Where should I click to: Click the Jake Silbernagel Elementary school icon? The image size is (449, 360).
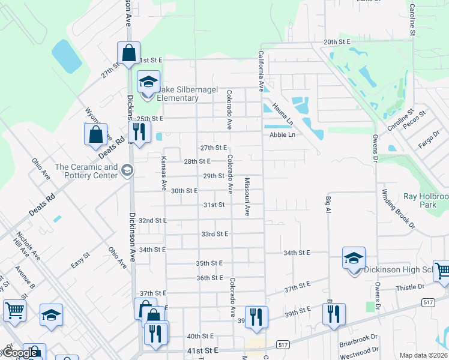point(148,82)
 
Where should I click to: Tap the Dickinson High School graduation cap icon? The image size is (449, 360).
point(354,258)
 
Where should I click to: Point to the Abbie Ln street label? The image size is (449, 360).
point(282,135)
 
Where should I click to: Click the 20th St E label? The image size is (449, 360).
point(336,42)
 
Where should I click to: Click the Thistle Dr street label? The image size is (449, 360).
point(410,288)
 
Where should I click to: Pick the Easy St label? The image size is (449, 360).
point(80,260)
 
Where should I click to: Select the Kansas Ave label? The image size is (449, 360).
point(163,173)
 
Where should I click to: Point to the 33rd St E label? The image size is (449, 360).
point(214,234)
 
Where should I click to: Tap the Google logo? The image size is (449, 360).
point(20,353)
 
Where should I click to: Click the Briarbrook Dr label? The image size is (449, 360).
point(358,338)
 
